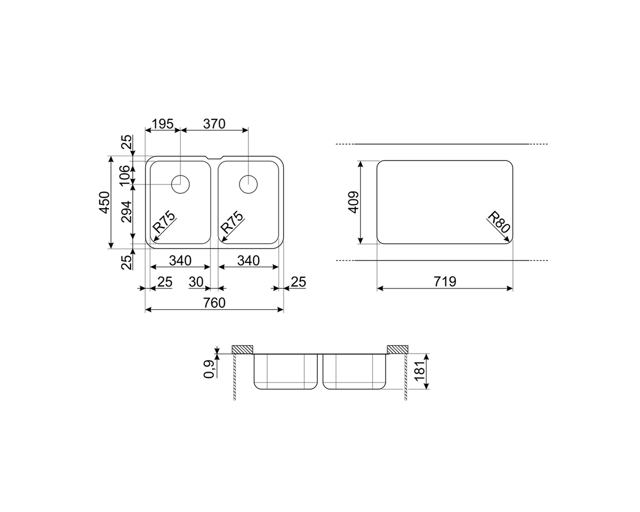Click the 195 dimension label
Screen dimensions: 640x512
[x=162, y=124]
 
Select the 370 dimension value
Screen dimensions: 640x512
[x=214, y=124]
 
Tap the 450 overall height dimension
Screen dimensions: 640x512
[x=105, y=202]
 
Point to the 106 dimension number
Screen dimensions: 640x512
[x=125, y=175]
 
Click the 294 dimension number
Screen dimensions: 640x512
[x=126, y=212]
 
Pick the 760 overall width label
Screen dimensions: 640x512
[x=214, y=303]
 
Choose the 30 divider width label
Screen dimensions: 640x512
[x=196, y=282]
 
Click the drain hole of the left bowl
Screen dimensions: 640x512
[x=180, y=185]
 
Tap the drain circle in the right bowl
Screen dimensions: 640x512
[x=249, y=185]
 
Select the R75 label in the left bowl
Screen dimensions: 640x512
[x=164, y=222]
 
